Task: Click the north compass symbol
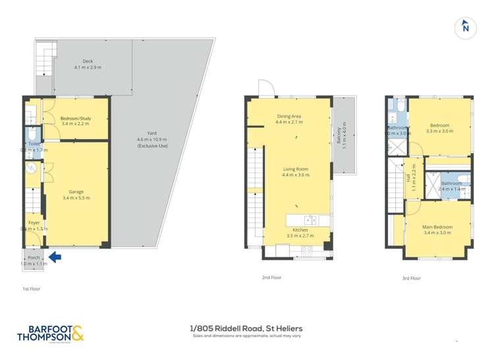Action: tap(465, 27)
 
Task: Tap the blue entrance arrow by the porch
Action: tap(55, 257)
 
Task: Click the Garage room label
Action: tap(76, 192)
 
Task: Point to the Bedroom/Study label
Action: tap(75, 118)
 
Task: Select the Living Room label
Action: tap(296, 169)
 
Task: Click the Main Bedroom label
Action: tap(437, 227)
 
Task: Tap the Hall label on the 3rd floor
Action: tap(408, 177)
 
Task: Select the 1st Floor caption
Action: tap(30, 289)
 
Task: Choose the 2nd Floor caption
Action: tap(271, 278)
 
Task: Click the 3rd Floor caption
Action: tap(411, 278)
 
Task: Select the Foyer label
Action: tap(34, 223)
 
